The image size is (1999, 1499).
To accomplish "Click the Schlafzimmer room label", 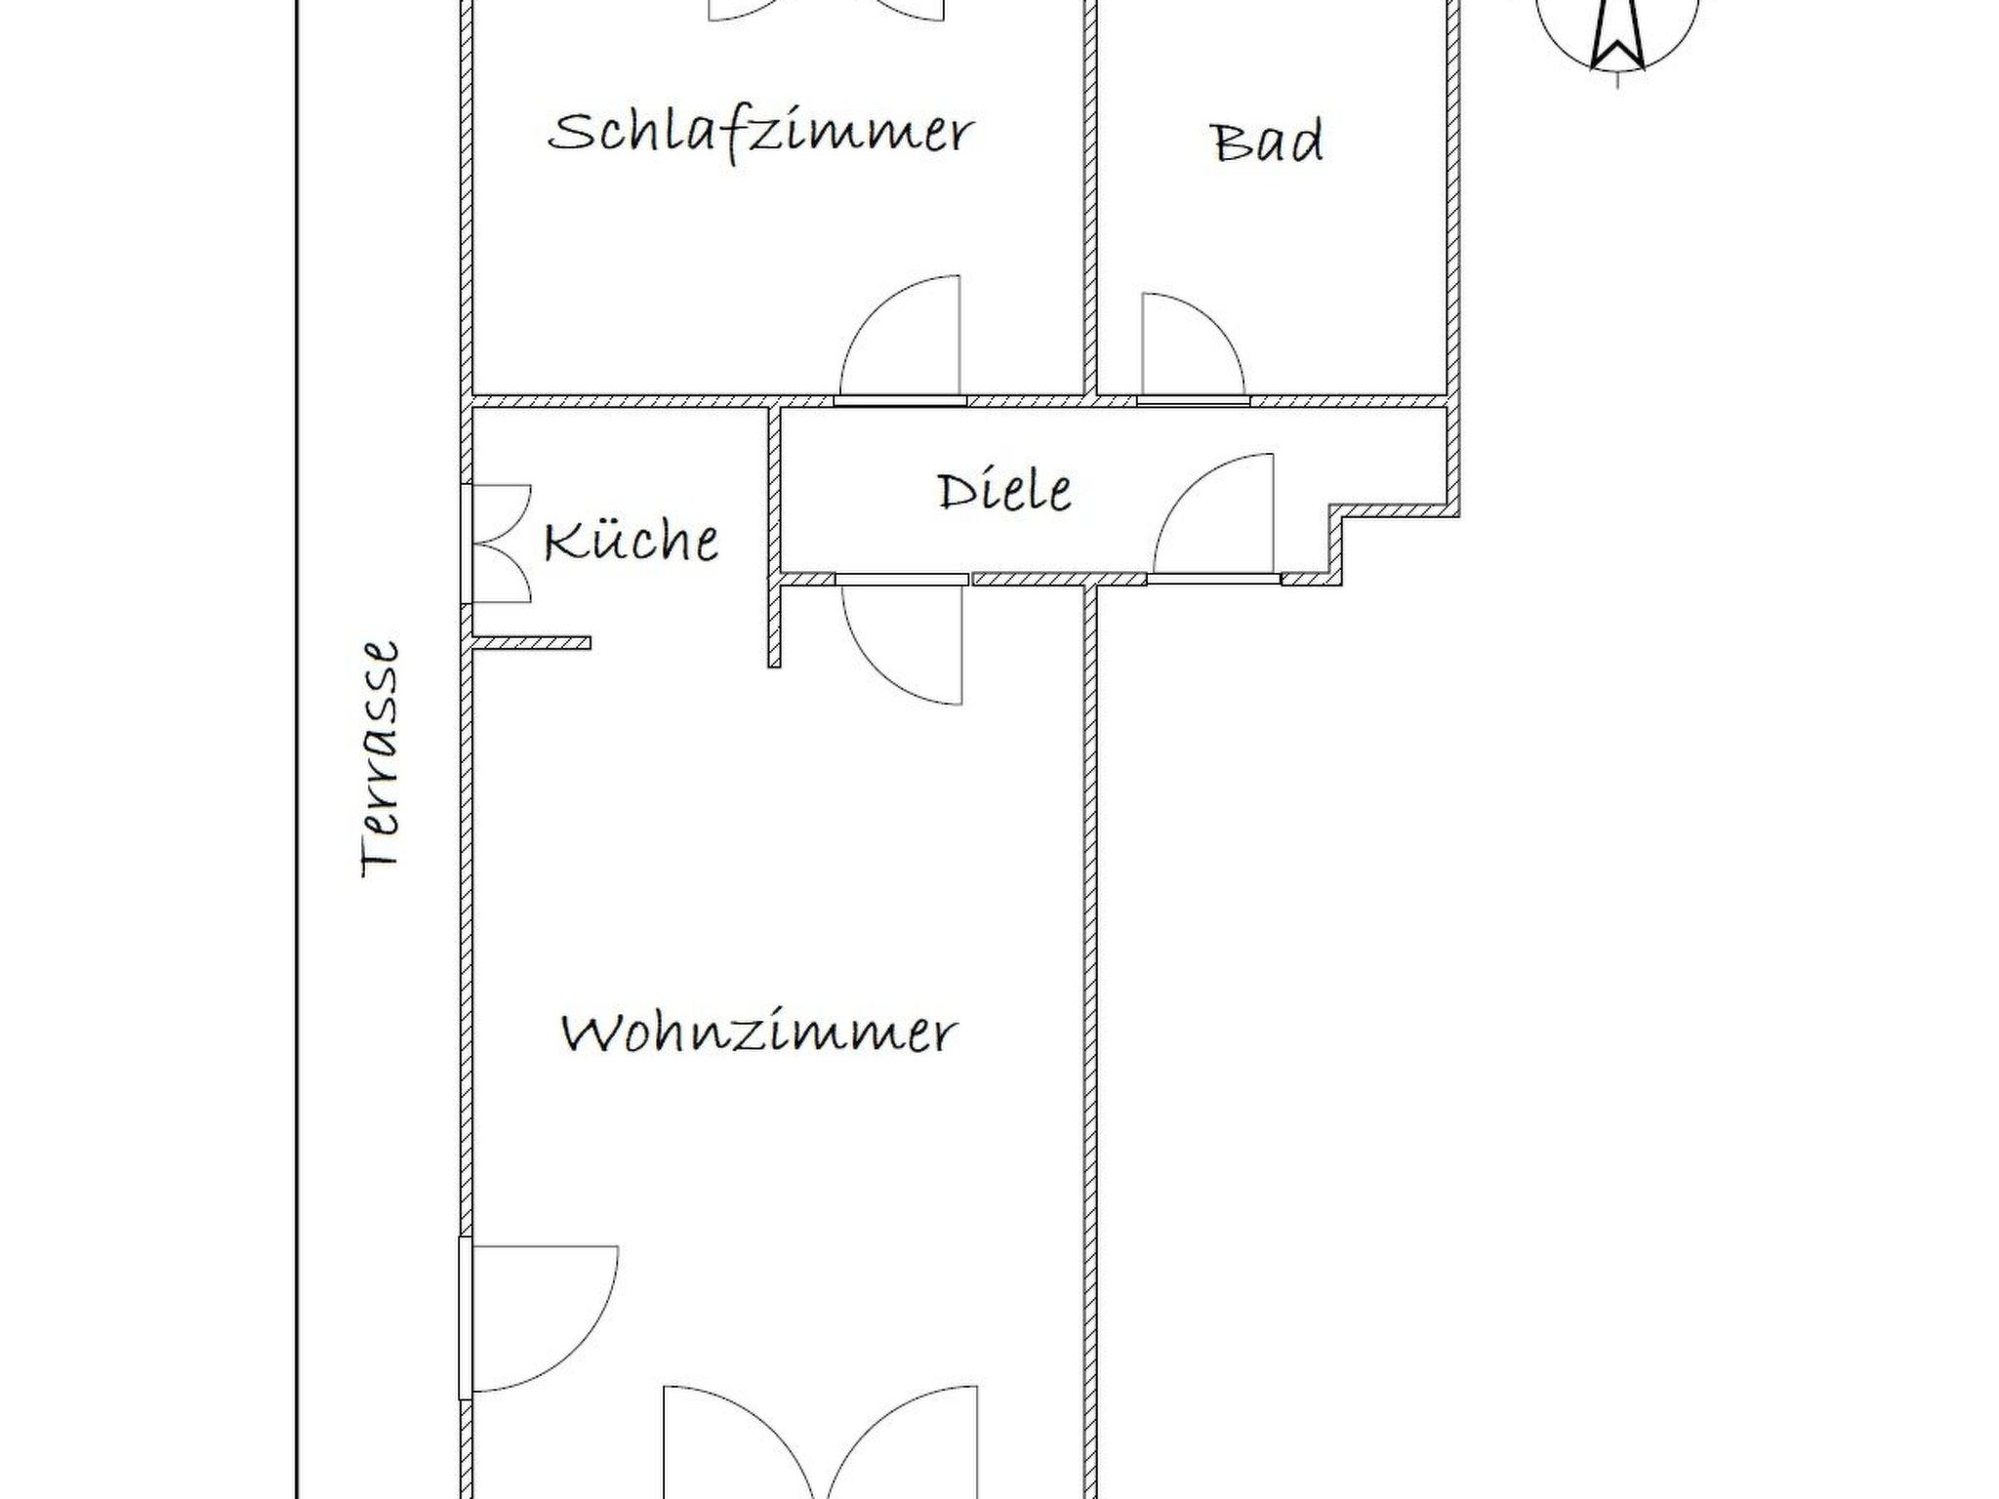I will click(x=760, y=134).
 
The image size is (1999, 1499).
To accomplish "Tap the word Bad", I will click(x=1268, y=142).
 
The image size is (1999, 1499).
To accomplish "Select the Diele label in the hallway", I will click(x=1004, y=490).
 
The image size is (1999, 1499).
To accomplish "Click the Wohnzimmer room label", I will click(x=759, y=1033).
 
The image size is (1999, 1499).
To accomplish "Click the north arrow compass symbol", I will click(x=1616, y=29).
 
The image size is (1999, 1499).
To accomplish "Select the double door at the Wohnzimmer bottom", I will click(x=820, y=1444).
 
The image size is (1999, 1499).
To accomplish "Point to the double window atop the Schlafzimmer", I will click(x=826, y=10).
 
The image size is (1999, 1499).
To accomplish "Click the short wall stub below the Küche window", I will click(x=531, y=642).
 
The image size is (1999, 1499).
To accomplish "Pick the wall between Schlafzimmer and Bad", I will click(x=1090, y=195).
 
